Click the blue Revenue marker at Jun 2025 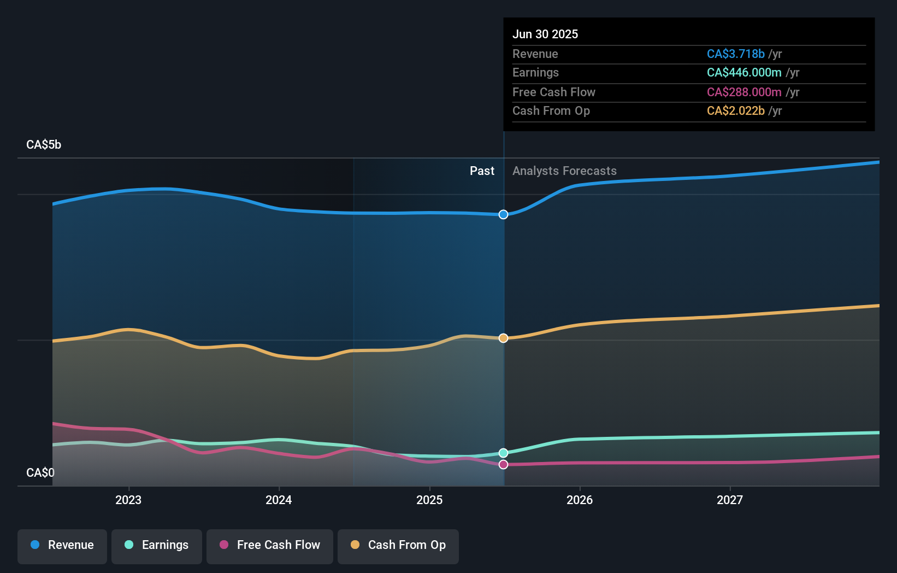[x=503, y=214]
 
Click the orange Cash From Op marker [x=503, y=338]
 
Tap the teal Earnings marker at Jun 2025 [x=503, y=453]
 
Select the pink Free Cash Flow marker [x=503, y=464]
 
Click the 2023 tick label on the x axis [x=128, y=500]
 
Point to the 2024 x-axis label [x=279, y=500]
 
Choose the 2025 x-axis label [x=429, y=500]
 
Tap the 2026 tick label [x=580, y=500]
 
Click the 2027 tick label [x=730, y=500]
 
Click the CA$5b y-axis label [x=44, y=145]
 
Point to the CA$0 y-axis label [x=40, y=472]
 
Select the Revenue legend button [x=62, y=545]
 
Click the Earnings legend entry [x=157, y=545]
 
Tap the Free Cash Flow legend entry [x=270, y=545]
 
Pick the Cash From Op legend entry [x=398, y=545]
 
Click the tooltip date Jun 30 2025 [x=545, y=34]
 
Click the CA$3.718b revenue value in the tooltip [x=735, y=54]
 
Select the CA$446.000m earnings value [x=743, y=72]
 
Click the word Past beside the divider [x=482, y=171]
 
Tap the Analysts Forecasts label [x=564, y=171]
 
